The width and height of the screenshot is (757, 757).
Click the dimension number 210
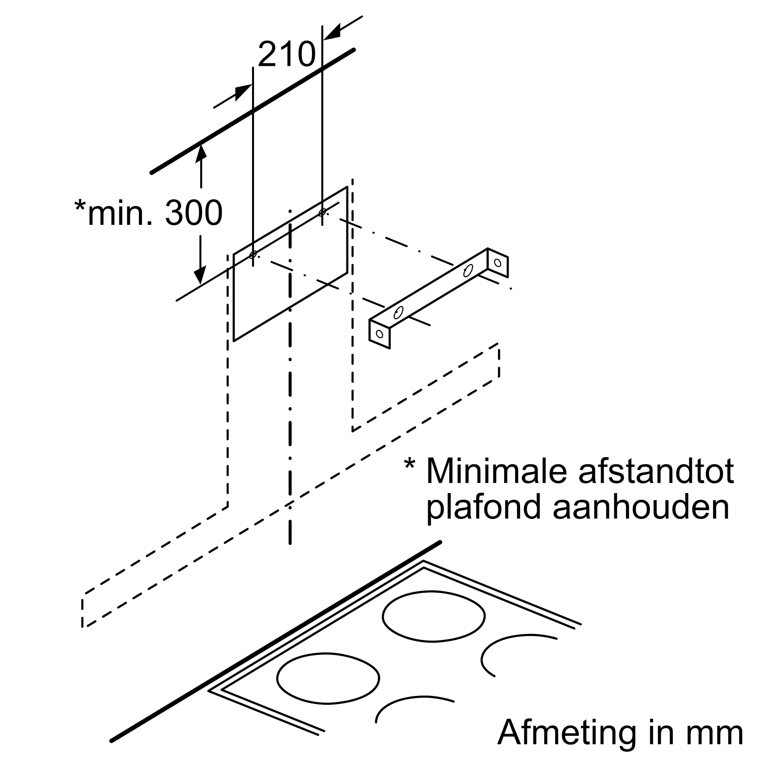[x=287, y=54]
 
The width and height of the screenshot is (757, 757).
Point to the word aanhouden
[x=641, y=508]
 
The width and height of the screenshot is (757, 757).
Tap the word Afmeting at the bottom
[x=567, y=732]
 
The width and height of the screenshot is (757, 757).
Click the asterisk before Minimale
[x=410, y=465]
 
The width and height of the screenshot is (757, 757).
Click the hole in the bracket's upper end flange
[x=498, y=263]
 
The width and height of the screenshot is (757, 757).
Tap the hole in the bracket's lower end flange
[x=379, y=334]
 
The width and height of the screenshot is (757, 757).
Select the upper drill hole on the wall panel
[x=322, y=212]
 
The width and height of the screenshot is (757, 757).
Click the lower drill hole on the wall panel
[x=253, y=254]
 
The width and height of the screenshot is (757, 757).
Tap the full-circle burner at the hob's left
[x=328, y=678]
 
